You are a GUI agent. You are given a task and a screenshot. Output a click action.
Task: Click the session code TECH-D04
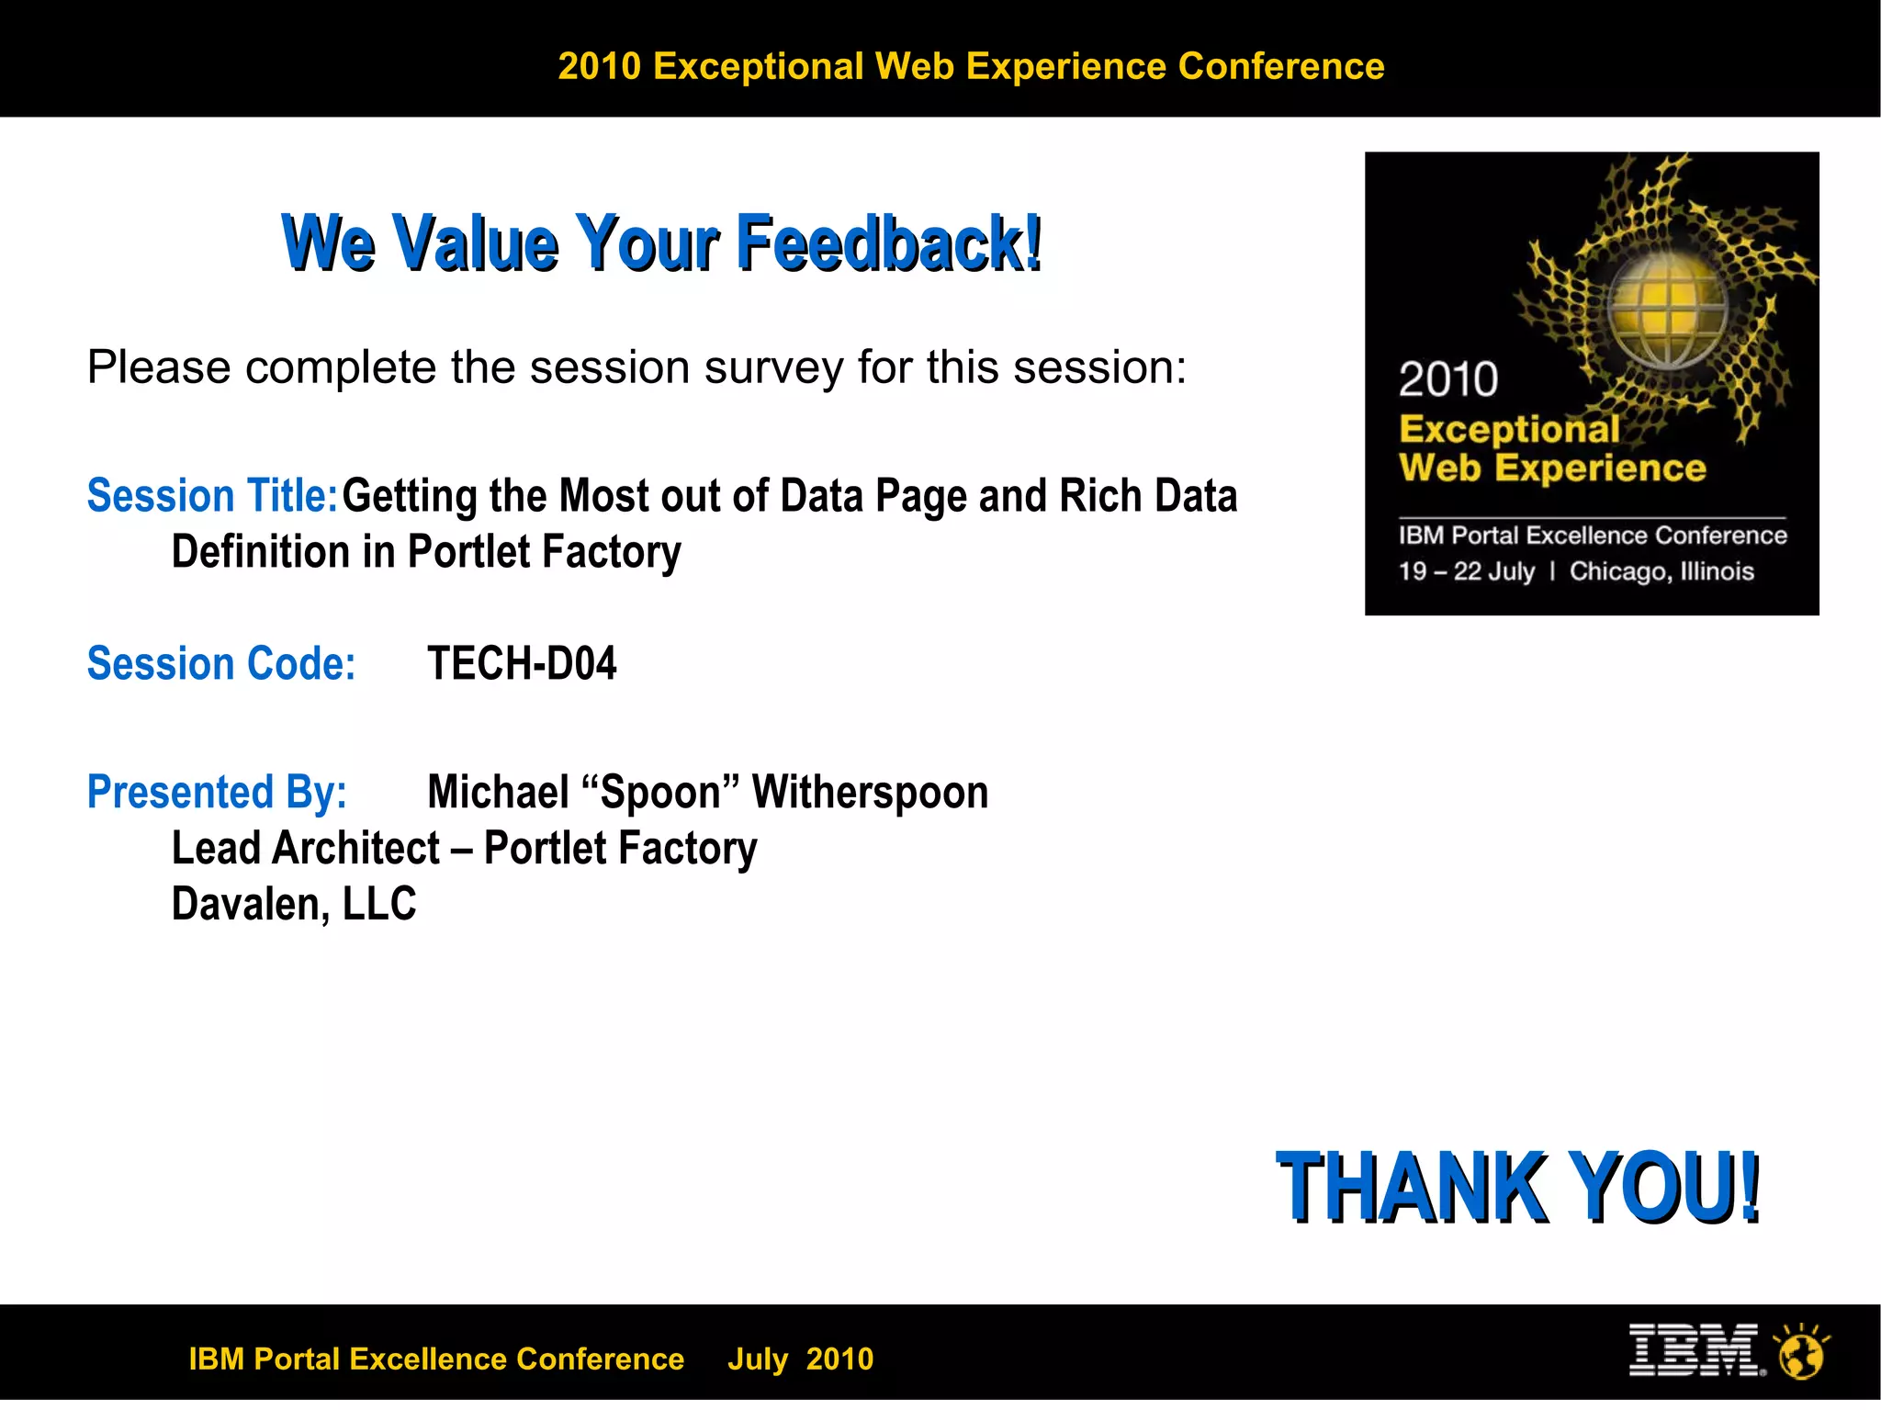pos(522,664)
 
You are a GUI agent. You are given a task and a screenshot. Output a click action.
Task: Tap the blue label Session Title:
pos(212,497)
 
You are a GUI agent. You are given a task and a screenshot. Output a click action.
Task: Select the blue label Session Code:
pos(220,664)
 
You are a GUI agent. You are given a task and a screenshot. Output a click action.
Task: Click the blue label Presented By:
pos(217,793)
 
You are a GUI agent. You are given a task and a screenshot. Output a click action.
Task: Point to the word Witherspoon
pos(870,793)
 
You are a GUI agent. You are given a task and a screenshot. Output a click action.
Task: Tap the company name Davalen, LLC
pos(294,905)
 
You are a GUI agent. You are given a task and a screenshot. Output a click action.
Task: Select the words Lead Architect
pos(306,849)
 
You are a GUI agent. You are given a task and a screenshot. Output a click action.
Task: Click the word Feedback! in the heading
pos(889,243)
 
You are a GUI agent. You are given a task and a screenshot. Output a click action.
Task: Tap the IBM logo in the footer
pos(1694,1350)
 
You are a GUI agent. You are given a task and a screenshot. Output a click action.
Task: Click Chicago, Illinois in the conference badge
pos(1661,572)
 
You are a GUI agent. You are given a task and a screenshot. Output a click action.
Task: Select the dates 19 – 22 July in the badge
pos(1466,572)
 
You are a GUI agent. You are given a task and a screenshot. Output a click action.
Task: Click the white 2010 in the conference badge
pos(1448,380)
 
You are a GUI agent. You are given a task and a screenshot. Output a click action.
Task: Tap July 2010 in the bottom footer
pos(800,1359)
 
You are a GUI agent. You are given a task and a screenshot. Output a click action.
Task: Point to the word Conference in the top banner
pos(1280,67)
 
